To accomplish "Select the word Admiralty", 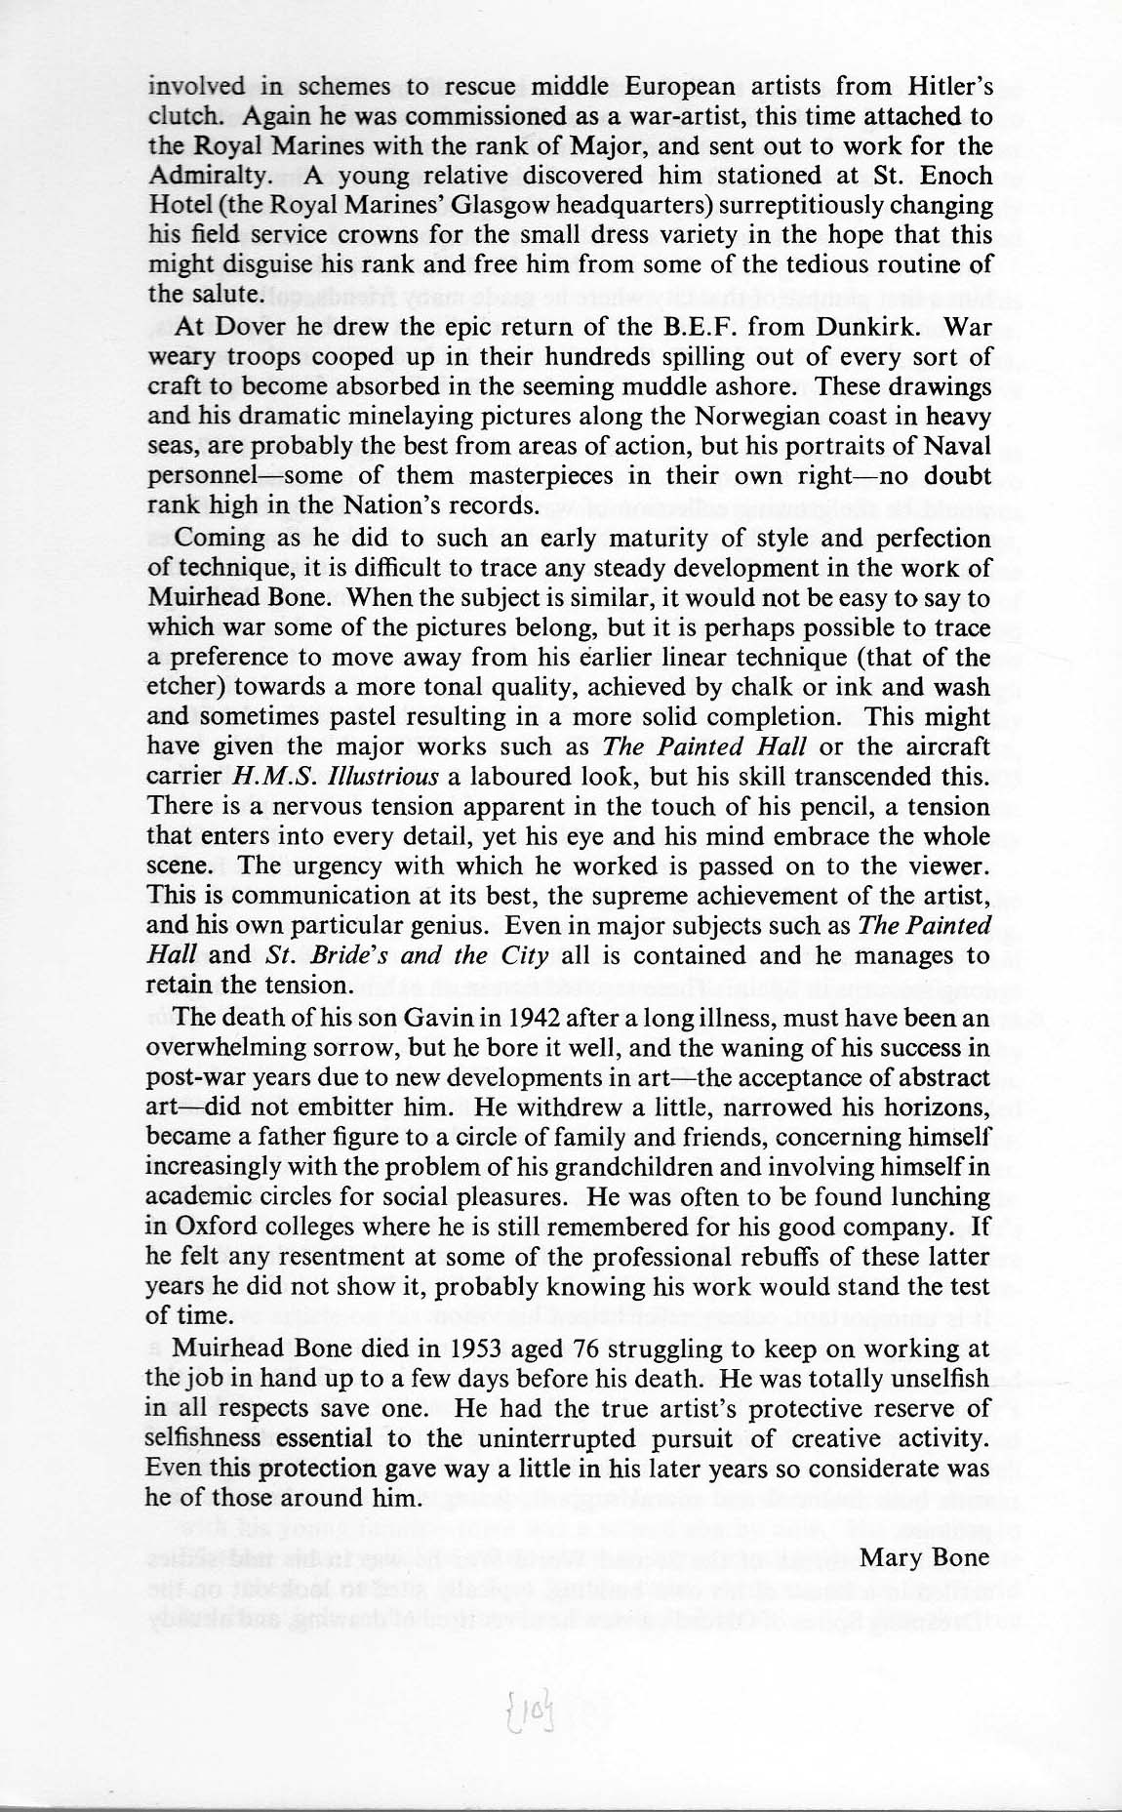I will click(205, 177).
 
